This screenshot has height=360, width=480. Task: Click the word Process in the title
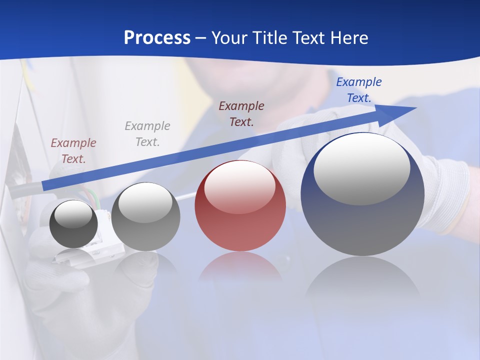point(157,38)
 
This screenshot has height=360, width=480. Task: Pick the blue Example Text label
point(359,90)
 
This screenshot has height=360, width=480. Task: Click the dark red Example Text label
point(241,113)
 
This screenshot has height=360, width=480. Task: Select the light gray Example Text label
point(147,133)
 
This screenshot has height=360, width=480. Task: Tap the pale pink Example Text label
point(73,150)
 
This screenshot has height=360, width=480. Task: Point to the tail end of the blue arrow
point(44,186)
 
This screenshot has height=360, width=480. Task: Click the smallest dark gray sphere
point(74,223)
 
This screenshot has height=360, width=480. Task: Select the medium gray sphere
point(145,216)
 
